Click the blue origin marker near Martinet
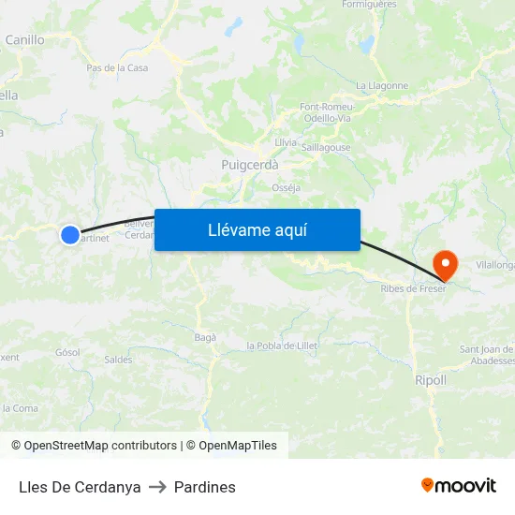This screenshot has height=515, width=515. [70, 235]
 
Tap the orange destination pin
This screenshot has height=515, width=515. [444, 263]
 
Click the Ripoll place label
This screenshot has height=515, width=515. [430, 380]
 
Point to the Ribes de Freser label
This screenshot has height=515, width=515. [413, 287]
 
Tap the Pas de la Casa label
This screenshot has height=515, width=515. [117, 67]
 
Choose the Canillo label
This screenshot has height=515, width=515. [24, 40]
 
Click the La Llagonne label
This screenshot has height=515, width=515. [382, 85]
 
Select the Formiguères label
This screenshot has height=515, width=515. [371, 5]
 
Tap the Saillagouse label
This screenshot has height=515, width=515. [327, 147]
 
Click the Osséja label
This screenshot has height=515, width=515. [286, 187]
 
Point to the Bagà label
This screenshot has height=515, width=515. [205, 337]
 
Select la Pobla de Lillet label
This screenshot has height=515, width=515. [282, 346]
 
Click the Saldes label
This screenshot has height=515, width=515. [118, 360]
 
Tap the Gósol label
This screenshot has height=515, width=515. [67, 352]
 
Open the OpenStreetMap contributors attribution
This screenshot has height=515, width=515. [94, 446]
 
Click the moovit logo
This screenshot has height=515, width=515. [458, 485]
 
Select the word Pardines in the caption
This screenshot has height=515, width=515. [205, 487]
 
